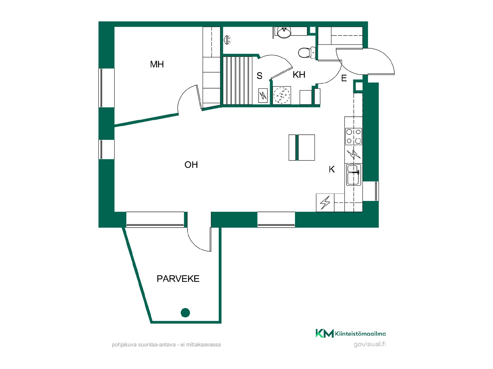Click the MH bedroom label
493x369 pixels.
(157, 64)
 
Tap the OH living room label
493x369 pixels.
(191, 165)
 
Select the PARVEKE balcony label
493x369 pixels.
(178, 279)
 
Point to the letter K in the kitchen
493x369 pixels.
(332, 169)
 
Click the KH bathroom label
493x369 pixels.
(299, 75)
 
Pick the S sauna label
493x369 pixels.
(260, 76)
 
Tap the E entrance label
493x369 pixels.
(344, 78)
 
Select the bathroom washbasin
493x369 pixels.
(284, 33)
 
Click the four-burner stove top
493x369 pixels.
(354, 136)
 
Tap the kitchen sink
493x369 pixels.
(354, 175)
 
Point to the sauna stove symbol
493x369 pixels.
(263, 96)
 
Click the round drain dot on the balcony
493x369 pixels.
(185, 313)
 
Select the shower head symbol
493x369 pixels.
(227, 40)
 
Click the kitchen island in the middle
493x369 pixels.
(302, 148)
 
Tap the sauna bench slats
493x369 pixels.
(238, 80)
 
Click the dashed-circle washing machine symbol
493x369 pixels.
(282, 95)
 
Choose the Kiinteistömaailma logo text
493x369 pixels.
(360, 334)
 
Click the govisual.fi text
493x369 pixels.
(370, 344)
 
